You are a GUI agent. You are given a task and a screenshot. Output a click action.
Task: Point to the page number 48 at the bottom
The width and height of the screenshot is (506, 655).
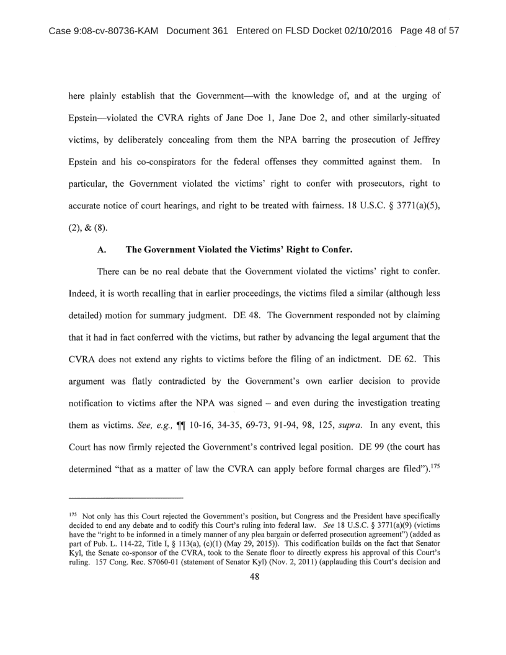pos(253,576)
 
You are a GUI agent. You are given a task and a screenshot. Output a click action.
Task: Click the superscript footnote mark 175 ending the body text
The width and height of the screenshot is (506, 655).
pos(433,440)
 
